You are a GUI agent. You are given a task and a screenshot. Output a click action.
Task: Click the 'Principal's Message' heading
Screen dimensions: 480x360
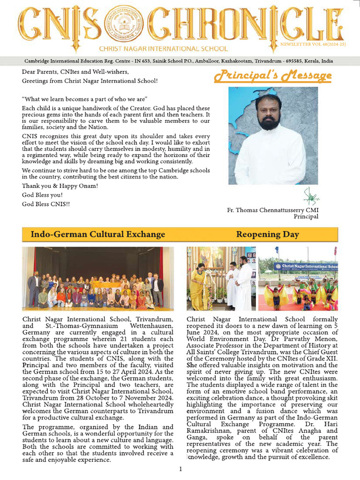273,75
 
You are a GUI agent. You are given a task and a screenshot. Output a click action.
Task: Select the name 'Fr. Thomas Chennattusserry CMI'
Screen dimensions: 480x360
272,210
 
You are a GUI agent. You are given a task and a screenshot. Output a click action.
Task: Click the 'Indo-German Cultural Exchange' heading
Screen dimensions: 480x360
97,234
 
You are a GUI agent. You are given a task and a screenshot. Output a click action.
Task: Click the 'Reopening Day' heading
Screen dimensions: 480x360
267,234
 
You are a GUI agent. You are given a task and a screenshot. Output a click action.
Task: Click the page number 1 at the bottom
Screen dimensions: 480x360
180,469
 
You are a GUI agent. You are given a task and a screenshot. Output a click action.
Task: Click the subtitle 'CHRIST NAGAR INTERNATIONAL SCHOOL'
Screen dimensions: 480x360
163,49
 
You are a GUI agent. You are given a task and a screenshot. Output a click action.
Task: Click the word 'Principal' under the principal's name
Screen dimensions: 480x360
306,217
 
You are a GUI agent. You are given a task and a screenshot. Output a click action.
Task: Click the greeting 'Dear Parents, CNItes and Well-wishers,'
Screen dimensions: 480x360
75,72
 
